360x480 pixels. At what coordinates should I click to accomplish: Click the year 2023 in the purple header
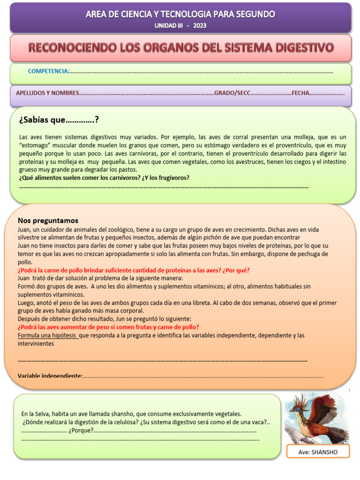coord(199,25)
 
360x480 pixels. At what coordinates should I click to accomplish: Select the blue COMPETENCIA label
coord(49,71)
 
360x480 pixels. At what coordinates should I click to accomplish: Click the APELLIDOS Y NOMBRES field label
coord(47,93)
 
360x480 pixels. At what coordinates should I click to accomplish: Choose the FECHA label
coord(300,93)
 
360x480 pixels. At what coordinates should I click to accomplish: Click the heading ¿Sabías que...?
coord(59,120)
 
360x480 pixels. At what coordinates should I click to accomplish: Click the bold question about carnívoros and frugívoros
coord(105,178)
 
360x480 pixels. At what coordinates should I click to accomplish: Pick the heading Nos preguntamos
coord(48,220)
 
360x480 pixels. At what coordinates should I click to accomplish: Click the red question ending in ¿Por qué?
coord(134,270)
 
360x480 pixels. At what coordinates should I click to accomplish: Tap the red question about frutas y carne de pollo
coord(108,327)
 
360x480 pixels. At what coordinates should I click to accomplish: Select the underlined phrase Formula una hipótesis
coord(47,335)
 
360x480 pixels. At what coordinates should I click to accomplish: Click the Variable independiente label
coord(50,376)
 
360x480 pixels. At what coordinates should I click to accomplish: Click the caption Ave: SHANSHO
coord(318,452)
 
